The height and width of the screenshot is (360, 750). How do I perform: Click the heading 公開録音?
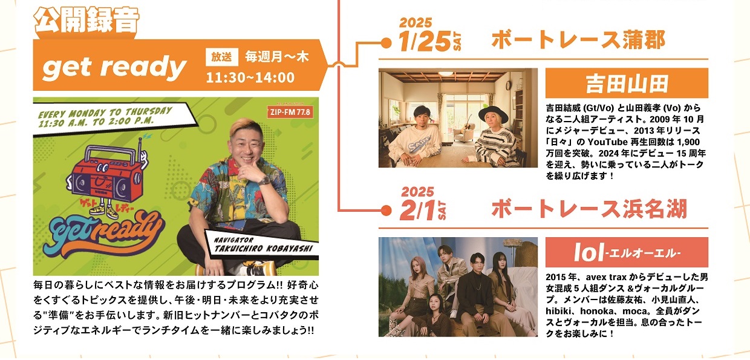[x=86, y=21]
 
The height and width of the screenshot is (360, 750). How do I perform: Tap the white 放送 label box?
[x=221, y=57]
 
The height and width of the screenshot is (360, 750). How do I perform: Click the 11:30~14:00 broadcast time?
[x=250, y=77]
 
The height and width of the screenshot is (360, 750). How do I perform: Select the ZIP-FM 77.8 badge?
[x=290, y=112]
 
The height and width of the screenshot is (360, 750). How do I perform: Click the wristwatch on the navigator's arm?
[x=264, y=180]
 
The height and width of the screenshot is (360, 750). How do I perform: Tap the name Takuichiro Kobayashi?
[x=263, y=249]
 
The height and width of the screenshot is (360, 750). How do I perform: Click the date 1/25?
[x=425, y=42]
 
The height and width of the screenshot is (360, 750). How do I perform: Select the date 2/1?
[x=417, y=210]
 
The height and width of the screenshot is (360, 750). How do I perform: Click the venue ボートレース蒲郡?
[x=578, y=40]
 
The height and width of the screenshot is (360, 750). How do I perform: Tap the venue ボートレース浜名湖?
[x=589, y=209]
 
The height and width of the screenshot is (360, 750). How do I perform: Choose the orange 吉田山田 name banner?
[x=627, y=83]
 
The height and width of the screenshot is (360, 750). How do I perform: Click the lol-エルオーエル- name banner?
[x=627, y=252]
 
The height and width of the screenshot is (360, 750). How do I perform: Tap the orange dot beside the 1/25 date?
[x=386, y=43]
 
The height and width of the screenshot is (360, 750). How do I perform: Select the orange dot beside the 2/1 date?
[x=386, y=211]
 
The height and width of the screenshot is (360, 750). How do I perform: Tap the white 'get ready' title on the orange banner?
[x=114, y=67]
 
